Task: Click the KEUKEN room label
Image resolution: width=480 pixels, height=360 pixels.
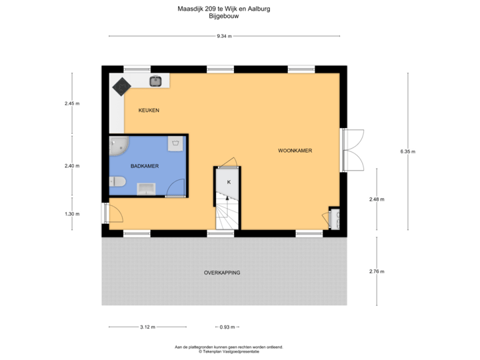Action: (x=149, y=110)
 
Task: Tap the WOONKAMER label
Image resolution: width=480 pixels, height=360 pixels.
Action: (x=295, y=151)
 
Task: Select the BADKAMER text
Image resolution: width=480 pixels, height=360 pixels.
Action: (x=145, y=166)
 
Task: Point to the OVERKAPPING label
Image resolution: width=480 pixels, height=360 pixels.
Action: (x=222, y=273)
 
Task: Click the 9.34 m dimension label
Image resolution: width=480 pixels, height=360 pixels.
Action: (x=225, y=36)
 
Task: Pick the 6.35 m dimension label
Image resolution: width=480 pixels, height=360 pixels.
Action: (x=407, y=152)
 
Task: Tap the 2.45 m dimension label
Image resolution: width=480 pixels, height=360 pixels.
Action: (x=72, y=103)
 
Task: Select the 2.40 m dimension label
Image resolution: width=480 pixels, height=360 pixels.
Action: (x=72, y=165)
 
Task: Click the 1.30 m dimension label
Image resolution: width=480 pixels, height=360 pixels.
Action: (x=72, y=214)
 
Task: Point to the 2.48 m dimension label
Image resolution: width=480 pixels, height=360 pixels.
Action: (x=377, y=199)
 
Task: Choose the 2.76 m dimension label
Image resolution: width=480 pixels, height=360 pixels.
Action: (x=377, y=271)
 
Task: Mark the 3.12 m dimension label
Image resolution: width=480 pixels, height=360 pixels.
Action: (x=147, y=327)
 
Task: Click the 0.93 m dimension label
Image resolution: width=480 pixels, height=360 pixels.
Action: (x=228, y=327)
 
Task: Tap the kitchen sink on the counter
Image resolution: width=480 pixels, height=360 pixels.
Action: (x=156, y=81)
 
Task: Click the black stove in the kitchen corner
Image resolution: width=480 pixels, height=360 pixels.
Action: (x=121, y=86)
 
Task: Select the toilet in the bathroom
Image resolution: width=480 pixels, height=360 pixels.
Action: (x=119, y=181)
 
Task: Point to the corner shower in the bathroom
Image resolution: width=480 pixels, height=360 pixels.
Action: (x=119, y=145)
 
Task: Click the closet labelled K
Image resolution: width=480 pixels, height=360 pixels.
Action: (x=228, y=182)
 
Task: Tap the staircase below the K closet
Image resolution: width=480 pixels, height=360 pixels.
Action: (x=225, y=213)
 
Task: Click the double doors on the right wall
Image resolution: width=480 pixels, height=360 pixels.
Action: (x=353, y=151)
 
